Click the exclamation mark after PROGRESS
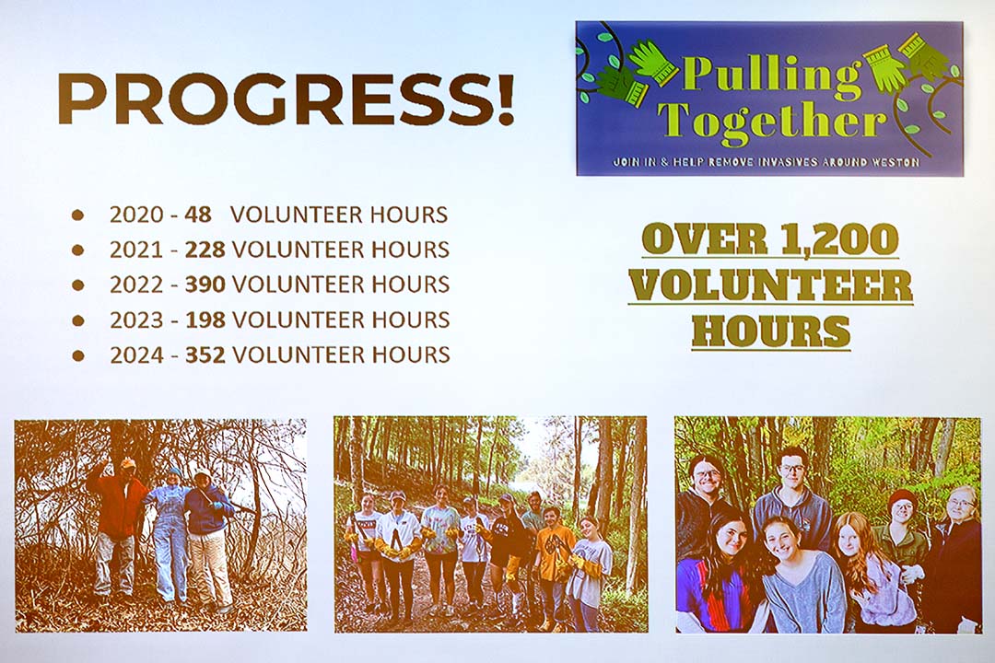point(505,99)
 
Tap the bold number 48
point(198,215)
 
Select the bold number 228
point(205,250)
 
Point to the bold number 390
point(205,285)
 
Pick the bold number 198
point(205,320)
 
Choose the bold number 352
point(205,355)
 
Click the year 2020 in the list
point(136,215)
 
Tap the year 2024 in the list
point(136,355)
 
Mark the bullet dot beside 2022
point(78,285)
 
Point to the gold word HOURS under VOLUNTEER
point(771,330)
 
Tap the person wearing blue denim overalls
point(169,536)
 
